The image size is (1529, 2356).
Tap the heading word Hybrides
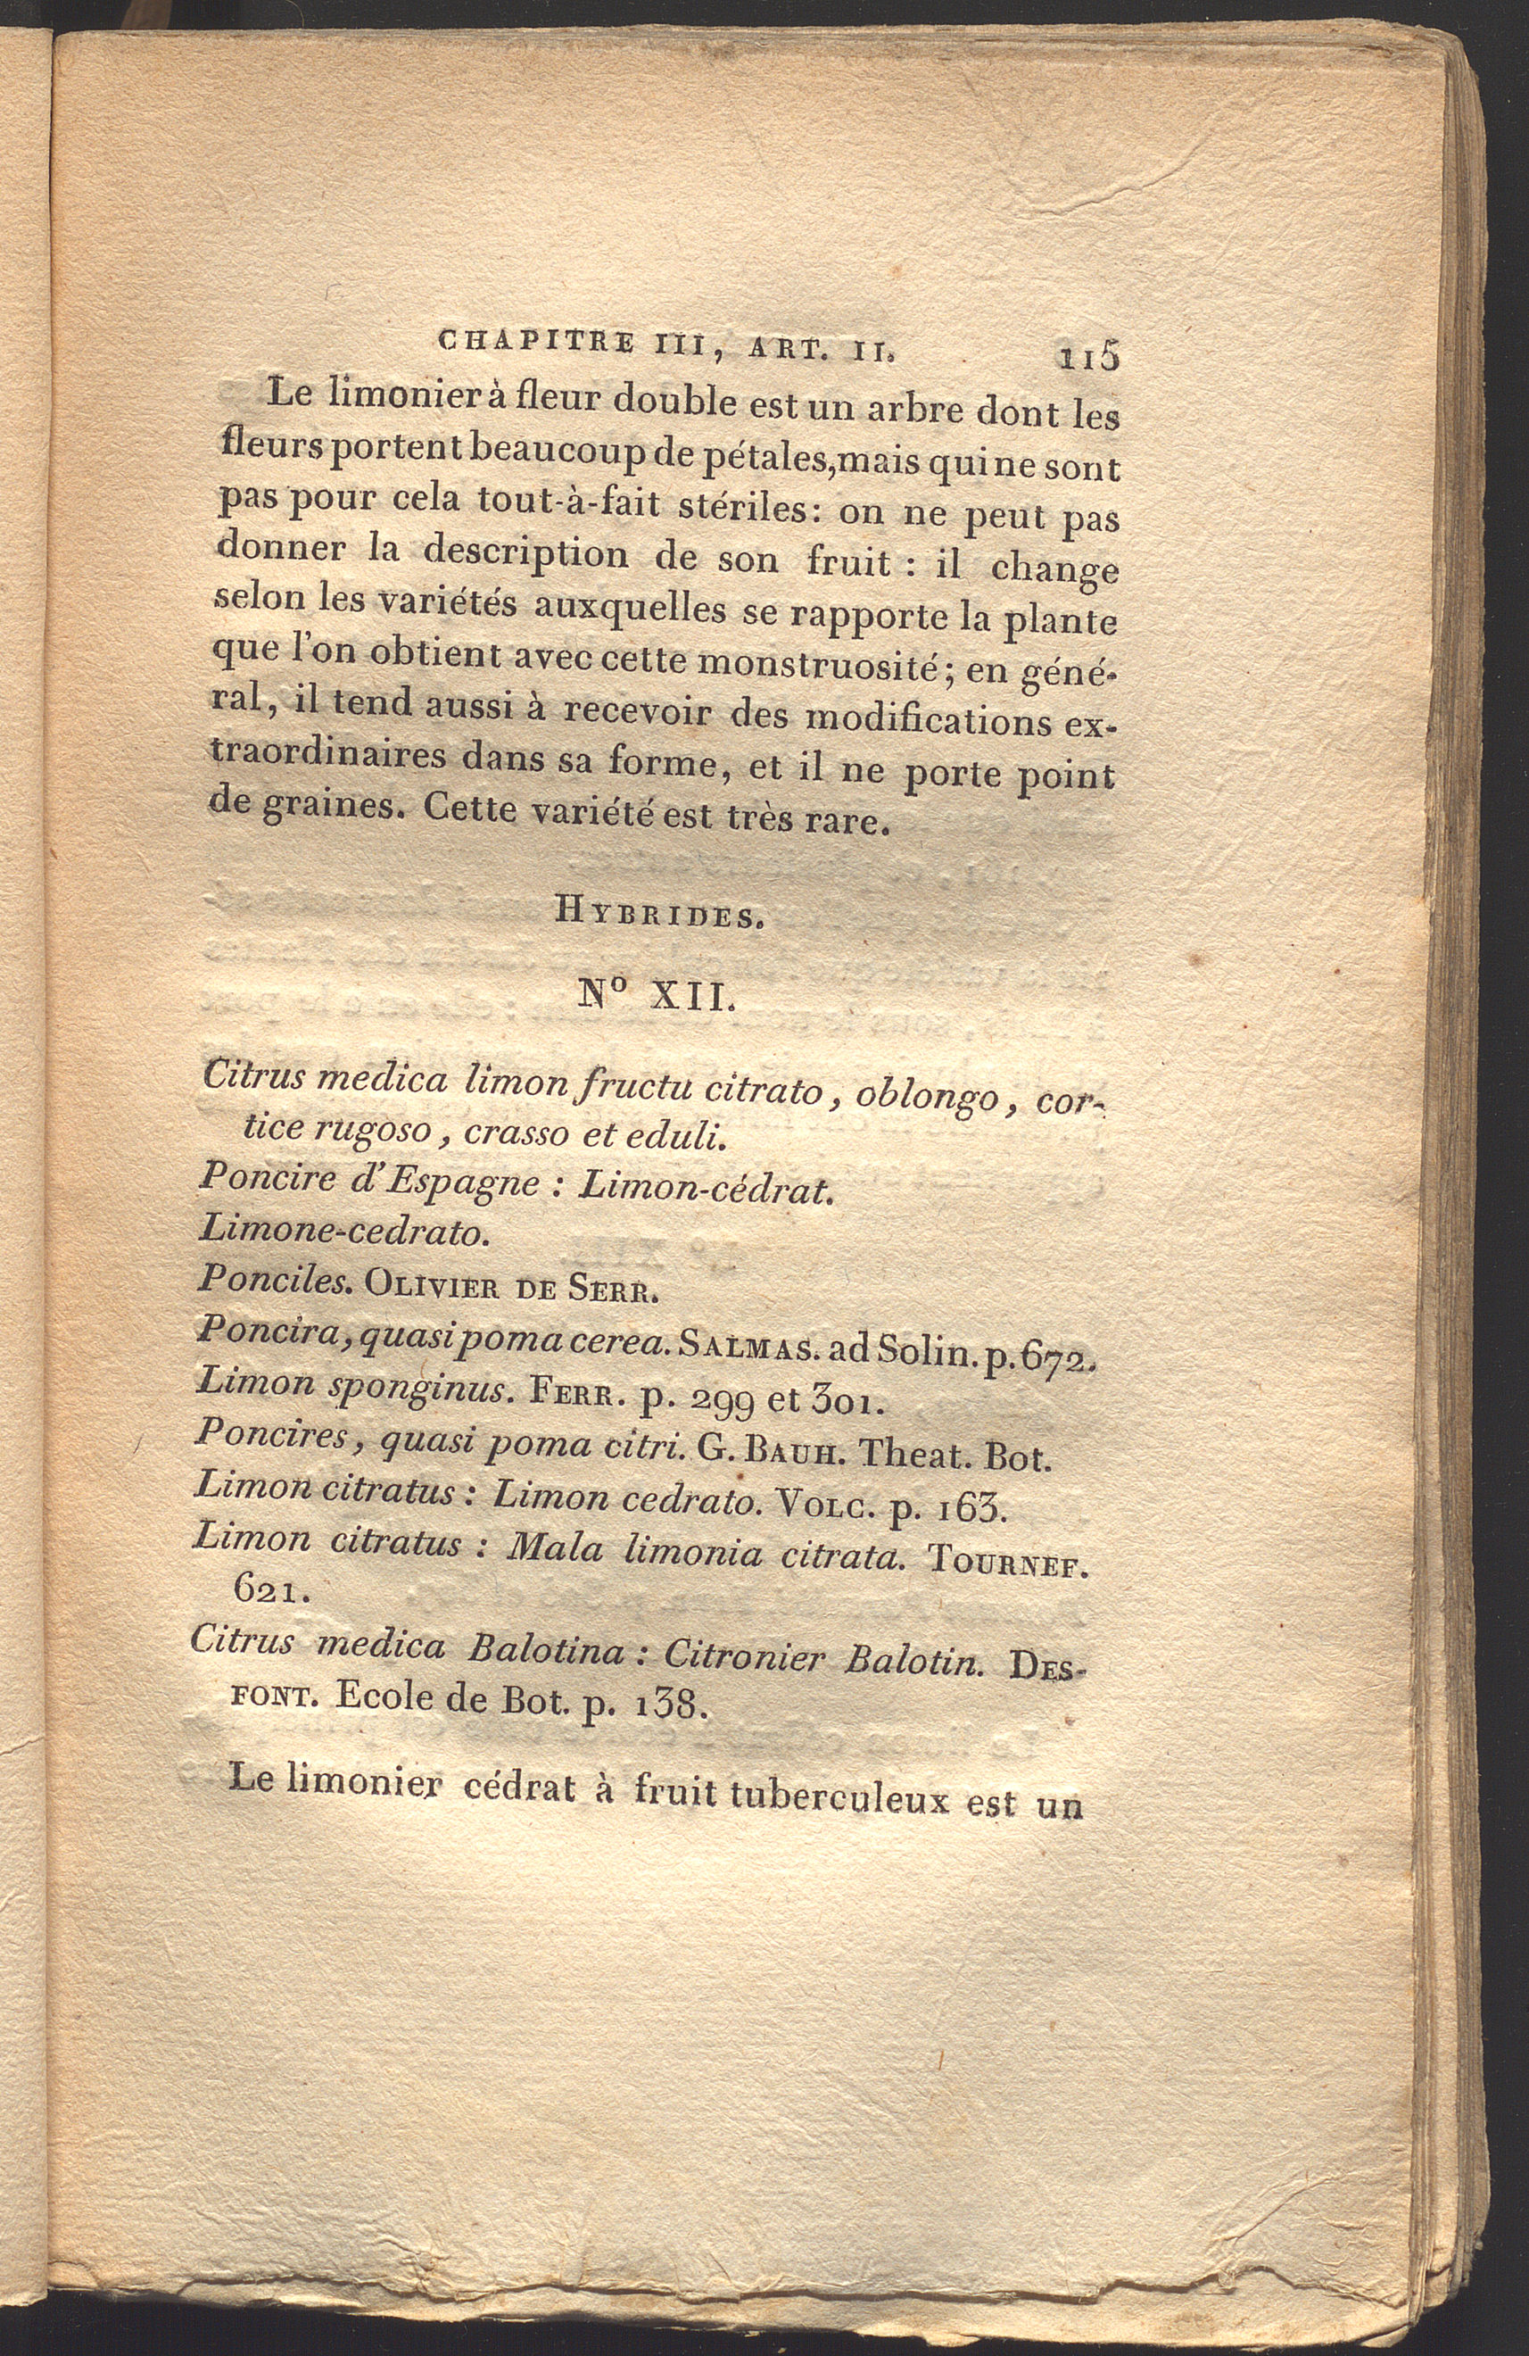657,914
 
